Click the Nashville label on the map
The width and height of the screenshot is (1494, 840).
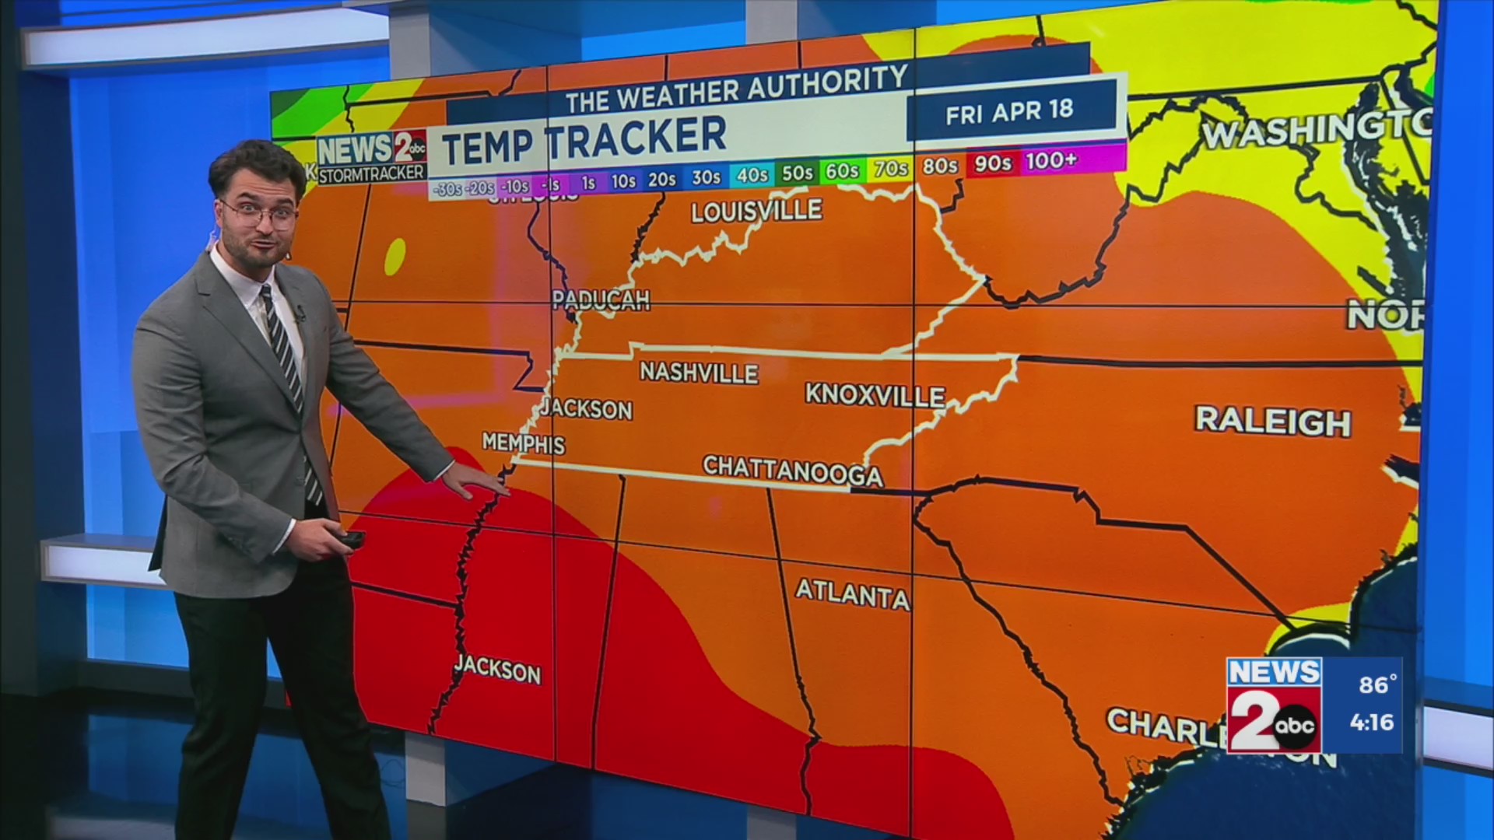[699, 373]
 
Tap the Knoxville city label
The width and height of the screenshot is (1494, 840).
[875, 395]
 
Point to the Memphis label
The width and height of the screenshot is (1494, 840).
[524, 443]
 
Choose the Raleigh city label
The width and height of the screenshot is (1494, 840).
[1273, 421]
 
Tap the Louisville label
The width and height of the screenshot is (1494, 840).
[756, 211]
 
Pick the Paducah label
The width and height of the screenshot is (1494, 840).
[601, 300]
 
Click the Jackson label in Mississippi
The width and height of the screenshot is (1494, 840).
[497, 669]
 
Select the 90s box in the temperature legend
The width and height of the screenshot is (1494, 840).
[993, 163]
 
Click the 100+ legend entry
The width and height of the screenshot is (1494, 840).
[1051, 161]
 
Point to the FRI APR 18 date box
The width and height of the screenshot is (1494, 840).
[1009, 112]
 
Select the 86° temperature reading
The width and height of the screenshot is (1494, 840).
[1377, 684]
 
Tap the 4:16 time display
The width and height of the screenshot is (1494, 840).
[1372, 723]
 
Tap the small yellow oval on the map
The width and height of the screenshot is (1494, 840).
[395, 256]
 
